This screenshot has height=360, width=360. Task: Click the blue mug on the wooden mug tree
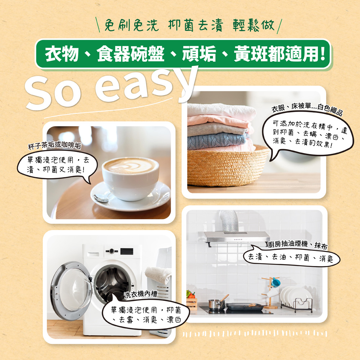coord(275,282)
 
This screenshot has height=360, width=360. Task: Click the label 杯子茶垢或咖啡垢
coord(54,145)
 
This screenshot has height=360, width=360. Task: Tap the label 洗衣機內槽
coord(141,295)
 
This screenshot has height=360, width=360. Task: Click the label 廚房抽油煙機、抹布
coord(298,245)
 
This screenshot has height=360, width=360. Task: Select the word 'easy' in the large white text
coord(148,86)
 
